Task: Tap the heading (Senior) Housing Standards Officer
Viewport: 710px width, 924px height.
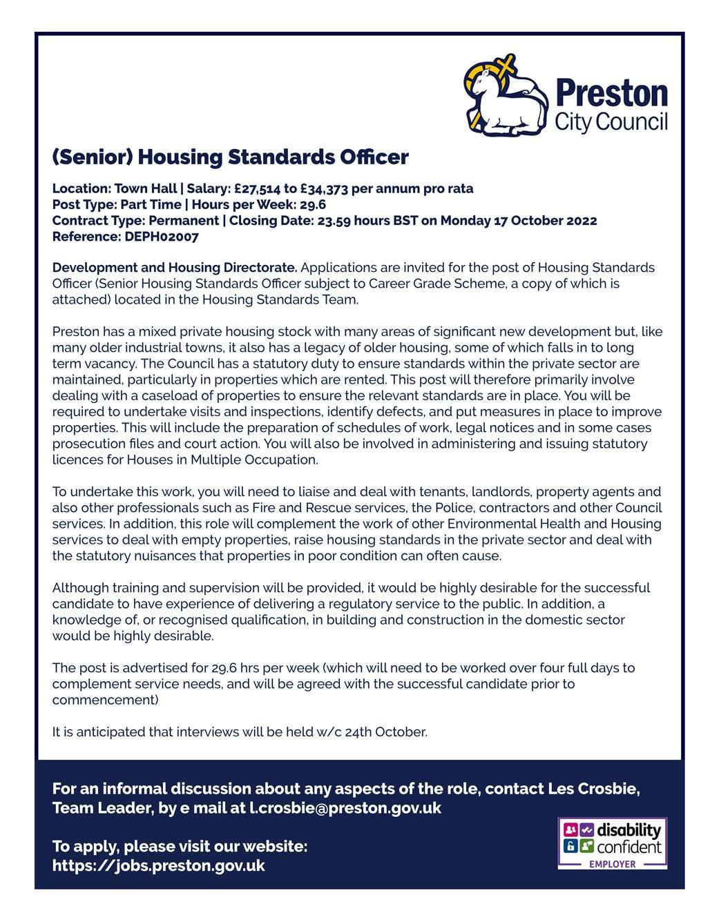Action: (230, 157)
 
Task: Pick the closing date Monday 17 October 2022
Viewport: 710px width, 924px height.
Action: (519, 221)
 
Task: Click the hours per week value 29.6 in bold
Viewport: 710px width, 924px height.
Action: (313, 205)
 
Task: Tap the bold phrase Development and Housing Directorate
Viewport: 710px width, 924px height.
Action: (175, 268)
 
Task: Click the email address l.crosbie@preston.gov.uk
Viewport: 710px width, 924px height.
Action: (345, 808)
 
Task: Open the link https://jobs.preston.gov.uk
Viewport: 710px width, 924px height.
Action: (158, 866)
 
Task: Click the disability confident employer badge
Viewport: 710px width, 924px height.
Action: (612, 843)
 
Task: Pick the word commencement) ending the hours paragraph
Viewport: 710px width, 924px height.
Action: (105, 700)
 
